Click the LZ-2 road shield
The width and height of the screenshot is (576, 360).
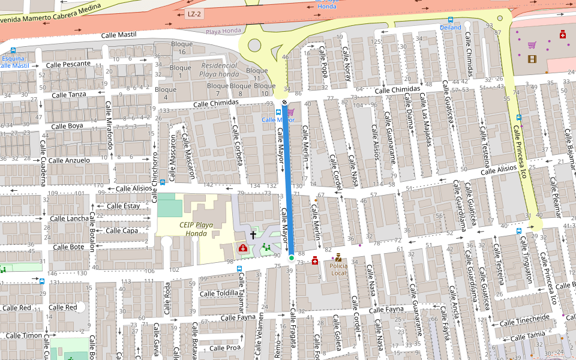click(194, 14)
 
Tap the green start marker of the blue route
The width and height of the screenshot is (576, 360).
click(291, 258)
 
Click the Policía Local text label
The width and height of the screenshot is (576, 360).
click(338, 269)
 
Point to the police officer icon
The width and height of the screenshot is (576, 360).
click(338, 257)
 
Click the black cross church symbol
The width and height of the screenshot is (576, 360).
click(253, 235)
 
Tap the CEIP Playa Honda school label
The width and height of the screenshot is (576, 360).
click(196, 229)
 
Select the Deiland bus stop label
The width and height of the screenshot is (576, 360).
click(451, 28)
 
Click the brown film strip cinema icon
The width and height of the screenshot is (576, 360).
click(532, 58)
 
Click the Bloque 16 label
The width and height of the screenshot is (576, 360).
click(182, 48)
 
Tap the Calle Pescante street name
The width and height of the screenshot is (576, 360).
click(68, 64)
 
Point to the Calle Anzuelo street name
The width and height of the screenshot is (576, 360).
click(69, 160)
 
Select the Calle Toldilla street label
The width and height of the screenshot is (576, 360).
click(219, 293)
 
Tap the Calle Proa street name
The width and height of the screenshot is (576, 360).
click(225, 348)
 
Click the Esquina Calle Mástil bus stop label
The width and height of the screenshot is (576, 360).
click(13, 62)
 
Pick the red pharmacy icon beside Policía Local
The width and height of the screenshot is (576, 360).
click(315, 260)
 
